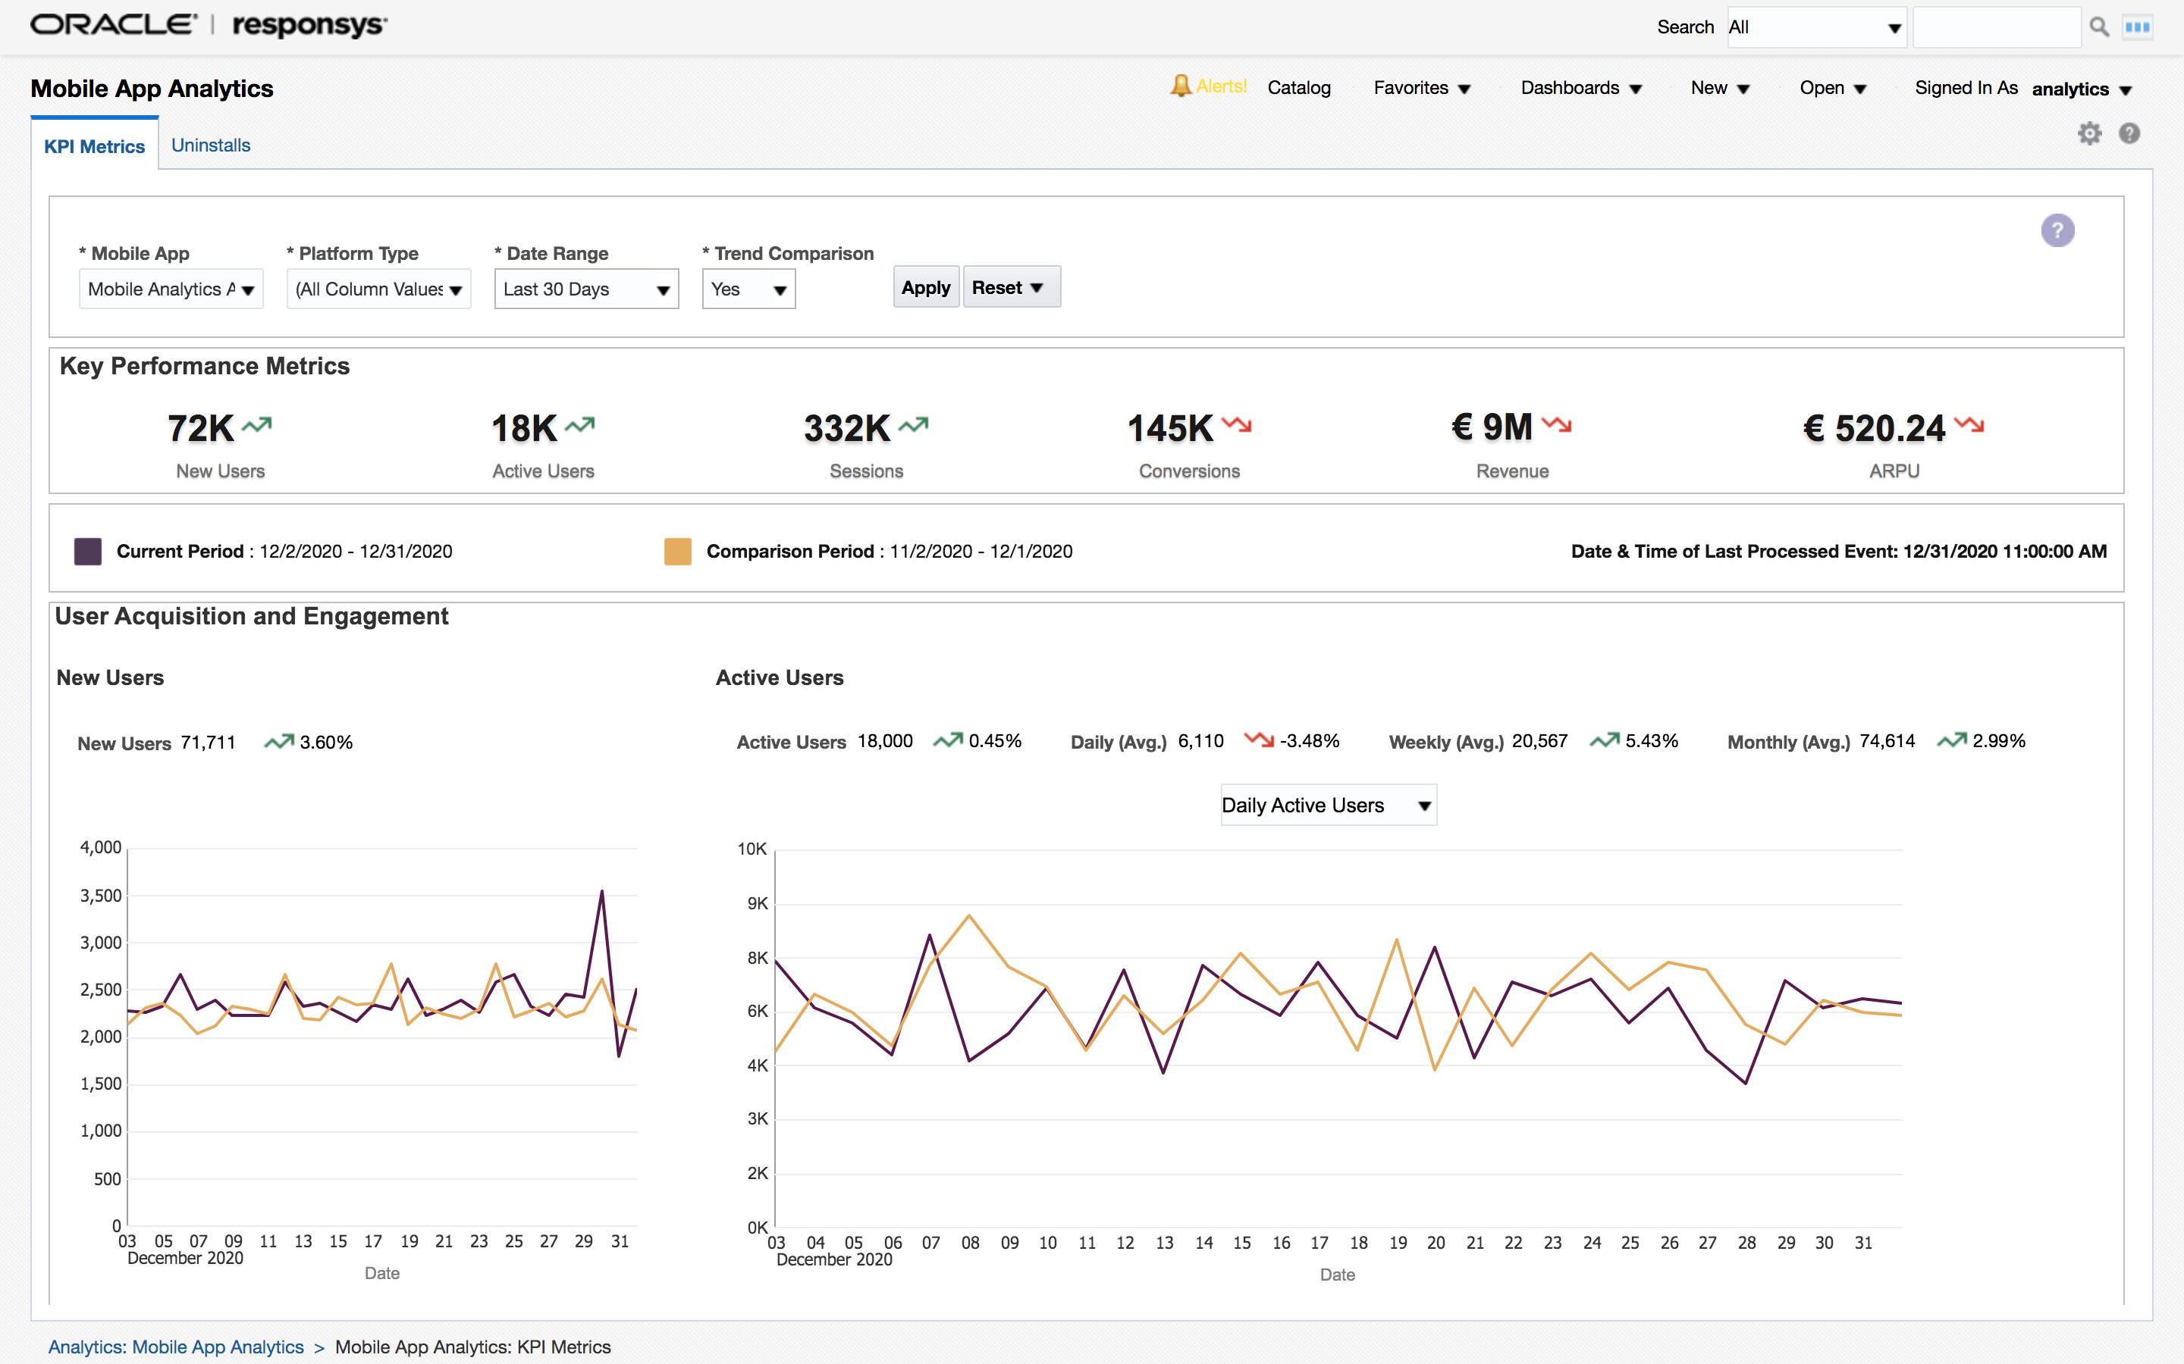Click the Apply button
(x=925, y=288)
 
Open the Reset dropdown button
(x=1010, y=288)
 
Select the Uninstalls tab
(x=210, y=145)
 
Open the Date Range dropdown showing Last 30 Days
(x=585, y=289)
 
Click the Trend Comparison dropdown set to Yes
(x=748, y=289)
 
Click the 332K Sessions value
(x=846, y=428)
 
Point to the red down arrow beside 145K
(x=1236, y=424)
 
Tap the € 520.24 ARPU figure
(x=1874, y=428)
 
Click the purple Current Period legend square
(x=87, y=551)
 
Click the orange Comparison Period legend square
(x=678, y=551)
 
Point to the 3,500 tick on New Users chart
(x=101, y=896)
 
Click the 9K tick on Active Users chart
(x=757, y=903)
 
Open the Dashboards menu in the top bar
(x=1580, y=87)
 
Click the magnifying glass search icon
(x=2099, y=27)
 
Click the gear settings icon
(x=2089, y=133)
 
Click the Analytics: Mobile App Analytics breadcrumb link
(x=176, y=1347)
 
